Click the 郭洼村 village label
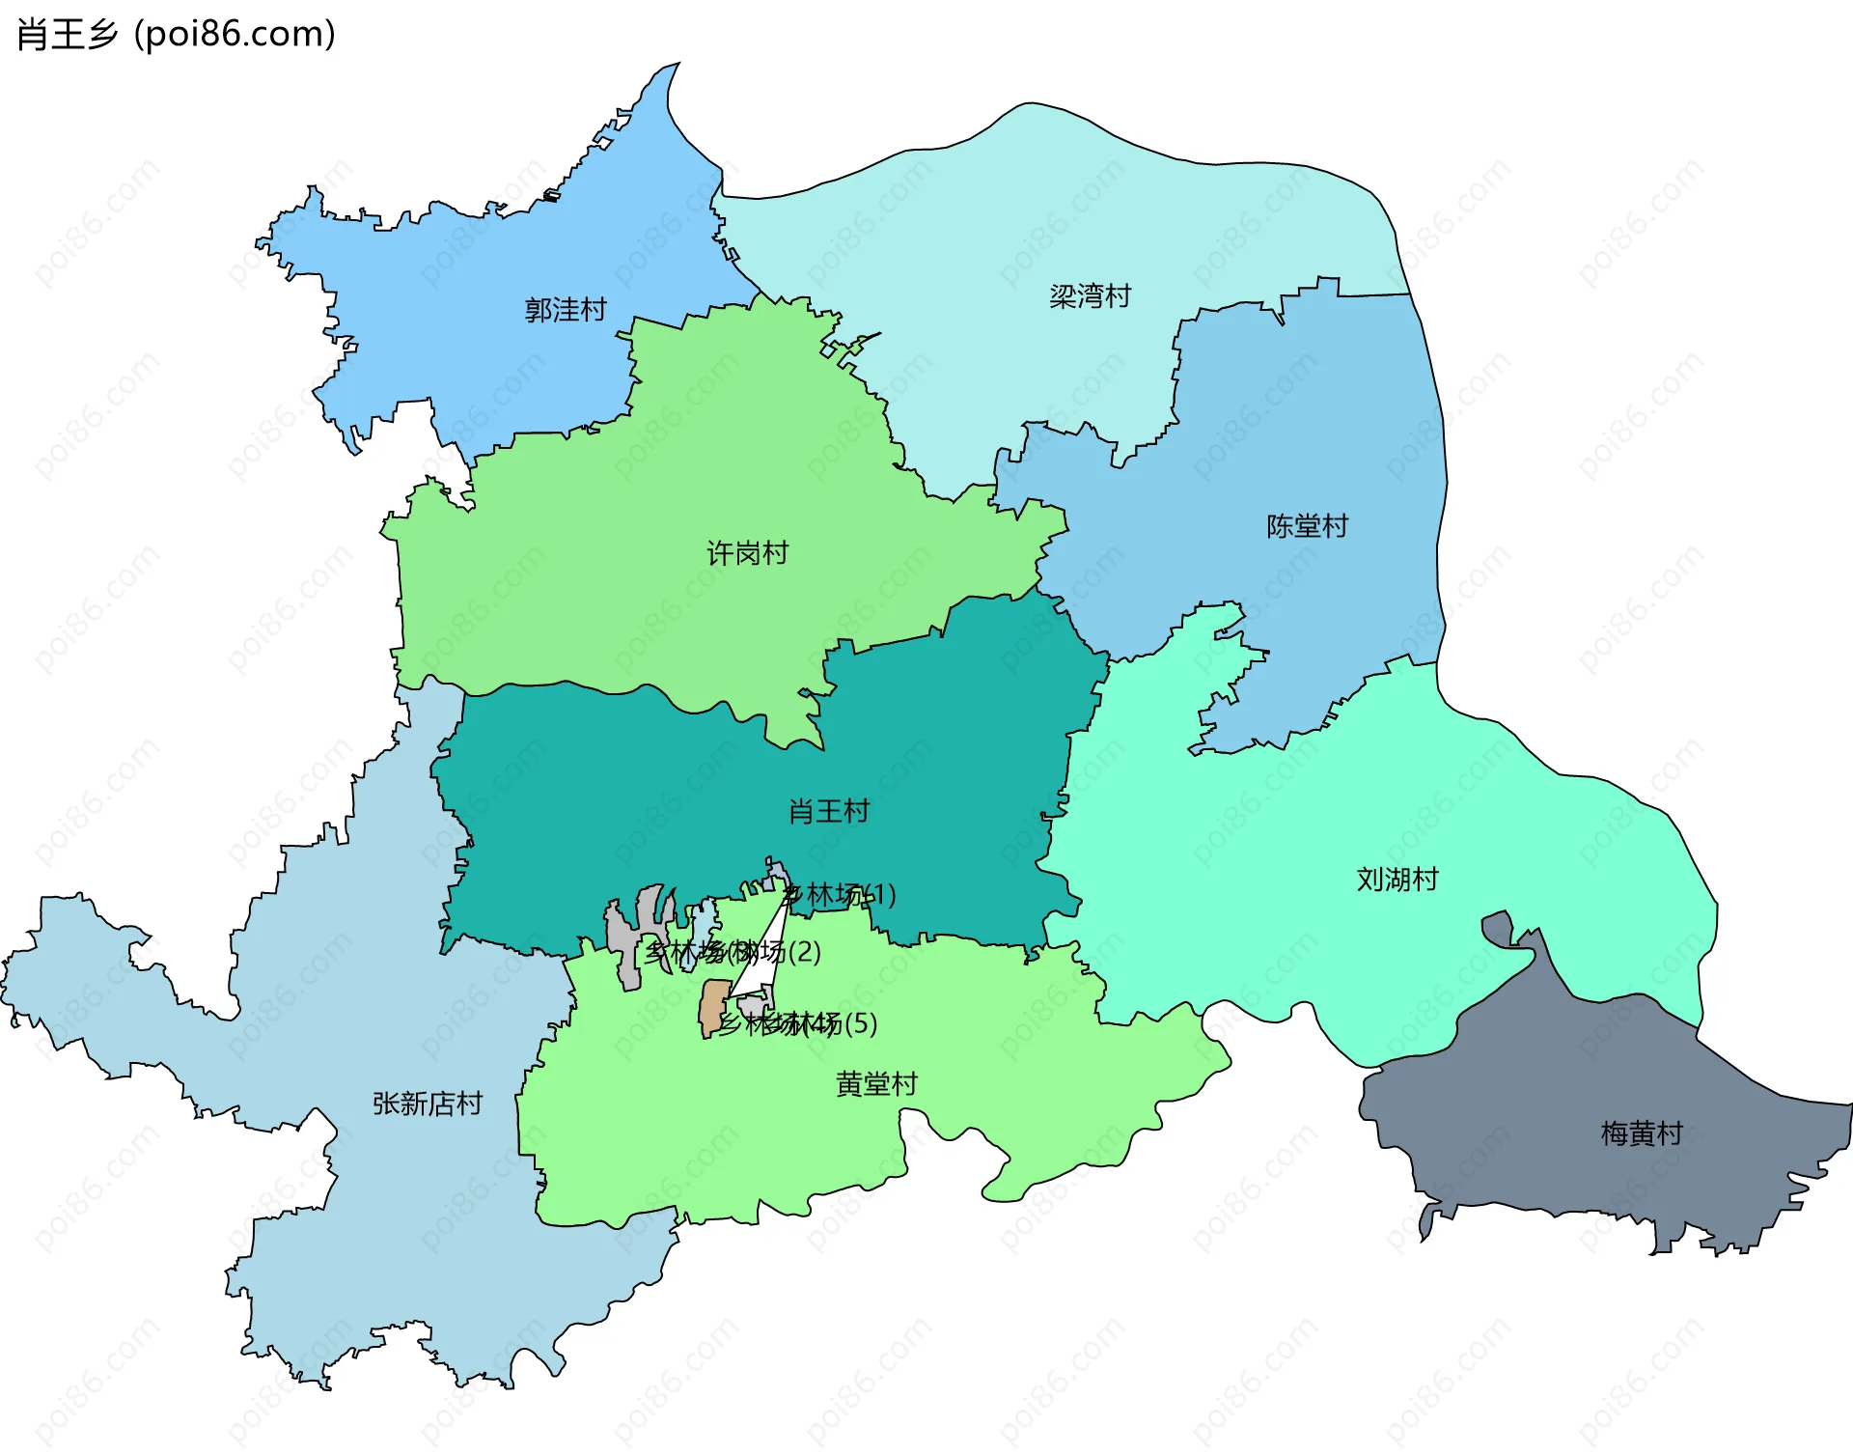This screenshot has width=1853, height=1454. click(x=566, y=310)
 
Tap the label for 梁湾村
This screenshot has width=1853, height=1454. click(x=1090, y=295)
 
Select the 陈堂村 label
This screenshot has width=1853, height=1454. click(x=1307, y=526)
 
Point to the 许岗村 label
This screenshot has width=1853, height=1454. click(x=747, y=553)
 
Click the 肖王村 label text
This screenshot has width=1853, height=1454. click(x=829, y=811)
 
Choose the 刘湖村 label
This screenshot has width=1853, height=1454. click(x=1397, y=880)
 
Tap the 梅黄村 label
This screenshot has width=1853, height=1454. click(x=1641, y=1132)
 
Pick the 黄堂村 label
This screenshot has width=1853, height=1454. click(x=876, y=1084)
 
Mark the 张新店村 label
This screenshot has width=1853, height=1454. click(x=428, y=1104)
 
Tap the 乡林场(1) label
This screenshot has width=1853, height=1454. click(x=840, y=895)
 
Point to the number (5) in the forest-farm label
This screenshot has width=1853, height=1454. click(x=860, y=1023)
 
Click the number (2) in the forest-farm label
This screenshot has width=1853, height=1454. click(x=804, y=952)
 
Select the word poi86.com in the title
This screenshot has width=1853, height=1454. click(x=235, y=35)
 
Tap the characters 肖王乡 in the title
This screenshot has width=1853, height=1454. click(x=68, y=35)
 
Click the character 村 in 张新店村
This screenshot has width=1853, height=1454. click(x=469, y=1104)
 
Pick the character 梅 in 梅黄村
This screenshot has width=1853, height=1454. click(x=1615, y=1132)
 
